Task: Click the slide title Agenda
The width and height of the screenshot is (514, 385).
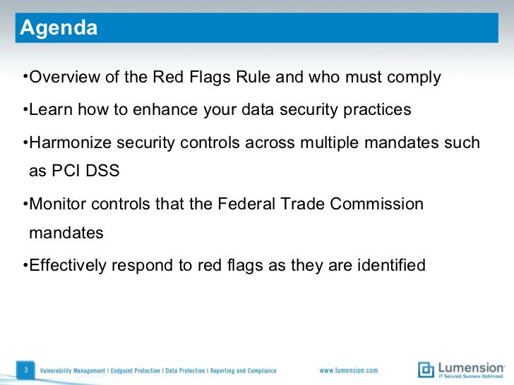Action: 59,28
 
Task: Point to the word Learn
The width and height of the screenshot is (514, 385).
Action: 50,111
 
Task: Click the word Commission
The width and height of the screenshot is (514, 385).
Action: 371,204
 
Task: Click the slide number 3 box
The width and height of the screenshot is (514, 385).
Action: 25,370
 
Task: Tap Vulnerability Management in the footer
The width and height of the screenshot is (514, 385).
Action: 73,371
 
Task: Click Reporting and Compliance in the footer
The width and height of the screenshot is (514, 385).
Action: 241,371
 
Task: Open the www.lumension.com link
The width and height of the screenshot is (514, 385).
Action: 349,371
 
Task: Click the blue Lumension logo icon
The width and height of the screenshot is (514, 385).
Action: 426,369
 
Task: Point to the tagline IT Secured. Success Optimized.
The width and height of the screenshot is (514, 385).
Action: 471,376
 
